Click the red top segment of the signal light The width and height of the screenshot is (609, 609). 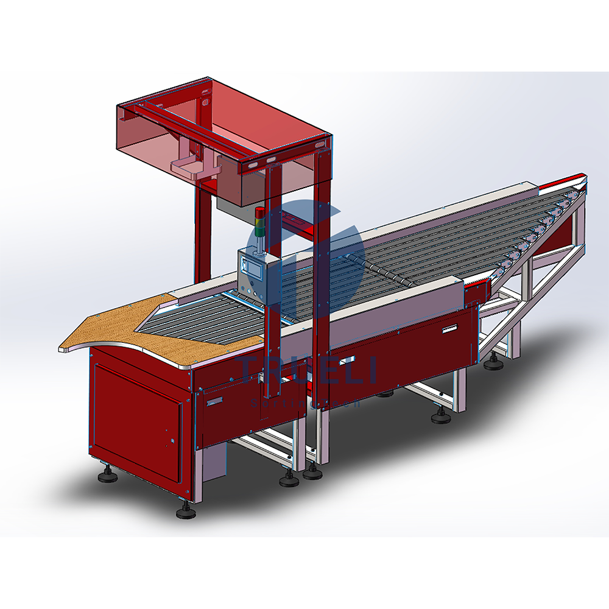click(x=260, y=212)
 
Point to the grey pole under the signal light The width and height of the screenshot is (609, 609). click(x=260, y=242)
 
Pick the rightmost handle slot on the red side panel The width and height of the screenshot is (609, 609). click(x=449, y=329)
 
